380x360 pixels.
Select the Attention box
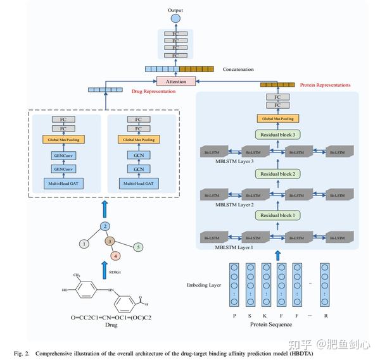pyautogui.click(x=177, y=82)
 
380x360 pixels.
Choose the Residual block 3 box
pyautogui.click(x=277, y=134)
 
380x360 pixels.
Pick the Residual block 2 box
pyautogui.click(x=277, y=173)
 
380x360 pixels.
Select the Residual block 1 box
pyautogui.click(x=277, y=215)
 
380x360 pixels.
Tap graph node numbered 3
pyautogui.click(x=109, y=241)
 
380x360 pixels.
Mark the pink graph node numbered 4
pyautogui.click(x=115, y=256)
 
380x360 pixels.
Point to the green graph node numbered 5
pyautogui.click(x=139, y=247)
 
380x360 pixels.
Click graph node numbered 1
pyautogui.click(x=82, y=244)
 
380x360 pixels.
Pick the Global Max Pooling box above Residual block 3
pyautogui.click(x=277, y=118)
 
